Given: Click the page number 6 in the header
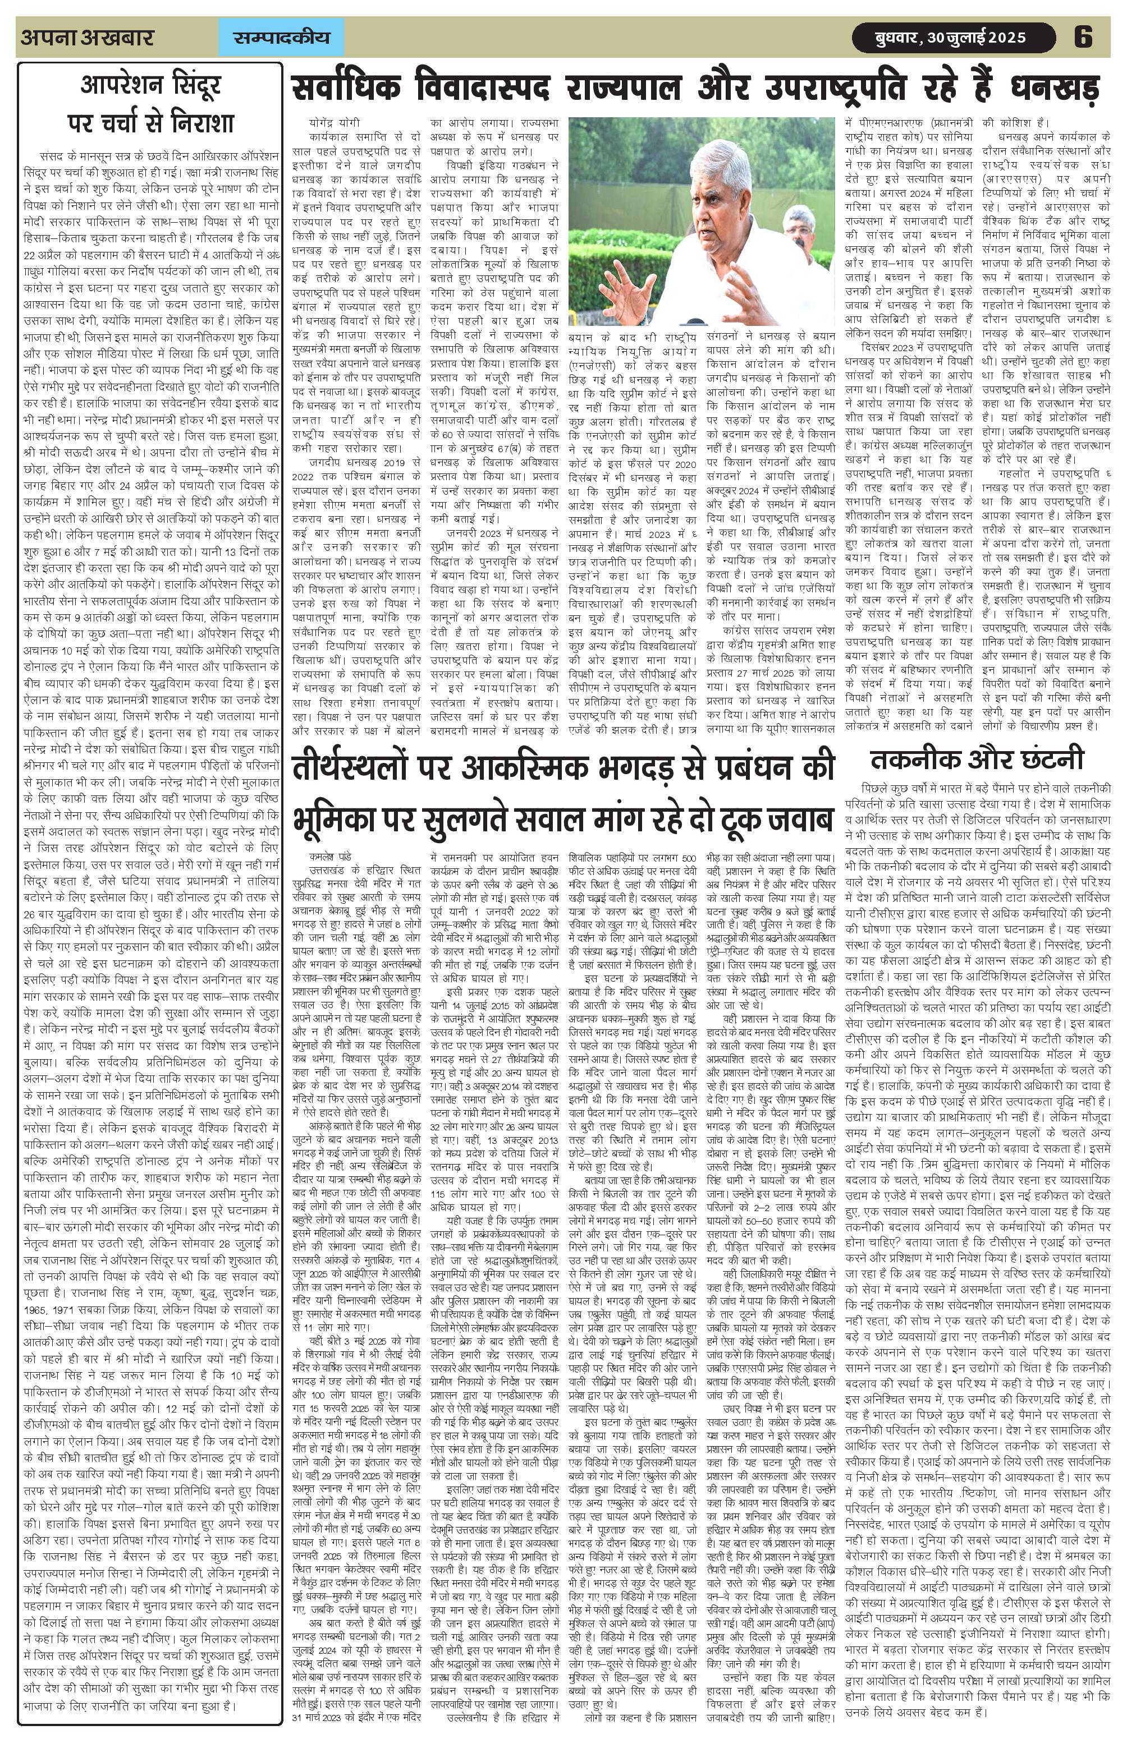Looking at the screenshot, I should [x=1083, y=36].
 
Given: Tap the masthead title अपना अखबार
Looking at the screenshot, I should [x=88, y=37].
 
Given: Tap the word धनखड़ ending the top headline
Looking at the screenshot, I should [x=1054, y=89].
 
